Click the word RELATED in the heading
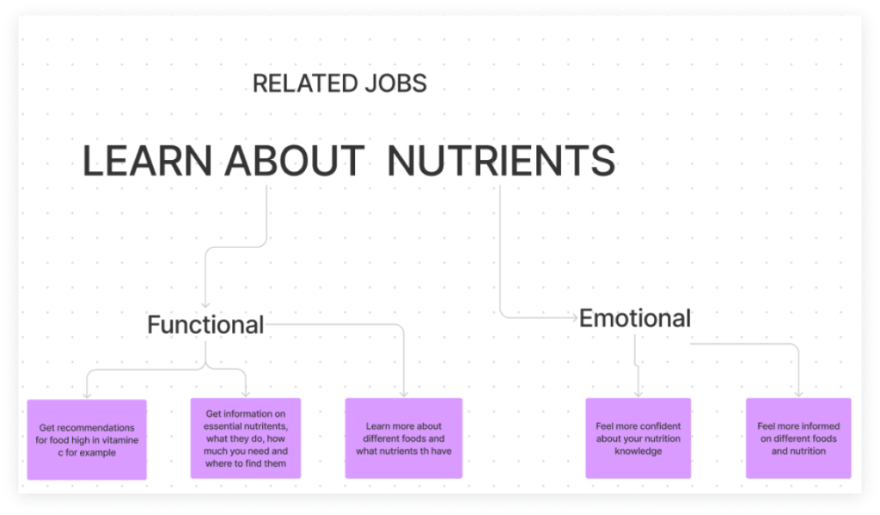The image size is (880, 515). (297, 84)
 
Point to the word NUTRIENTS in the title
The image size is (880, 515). (501, 162)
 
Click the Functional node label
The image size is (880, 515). (205, 325)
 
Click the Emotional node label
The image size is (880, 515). (635, 319)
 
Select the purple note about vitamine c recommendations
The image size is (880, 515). (87, 438)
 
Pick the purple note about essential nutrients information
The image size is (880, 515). (246, 438)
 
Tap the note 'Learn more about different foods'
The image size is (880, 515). (404, 438)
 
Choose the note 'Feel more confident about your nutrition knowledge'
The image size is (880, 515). (639, 438)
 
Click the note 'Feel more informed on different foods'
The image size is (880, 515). (798, 438)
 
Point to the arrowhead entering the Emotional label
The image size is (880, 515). (574, 318)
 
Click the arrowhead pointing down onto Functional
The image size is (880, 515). (205, 304)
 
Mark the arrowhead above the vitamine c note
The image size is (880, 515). (87, 395)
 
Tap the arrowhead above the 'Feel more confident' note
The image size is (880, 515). (639, 393)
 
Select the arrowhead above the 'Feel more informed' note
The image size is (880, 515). (799, 393)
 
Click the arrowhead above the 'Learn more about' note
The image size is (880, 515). (404, 393)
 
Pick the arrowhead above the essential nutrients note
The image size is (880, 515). (247, 393)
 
